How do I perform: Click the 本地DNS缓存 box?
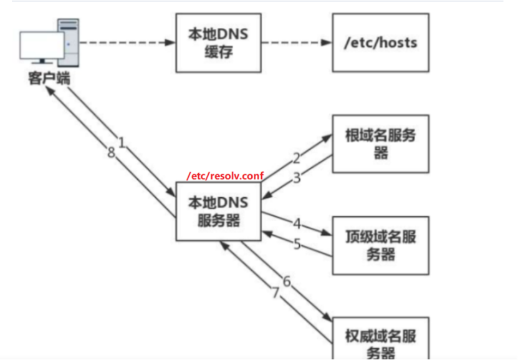(218, 43)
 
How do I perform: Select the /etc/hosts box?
(380, 43)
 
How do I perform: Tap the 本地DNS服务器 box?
(218, 212)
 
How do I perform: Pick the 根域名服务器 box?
(380, 144)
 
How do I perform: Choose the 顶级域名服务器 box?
(380, 245)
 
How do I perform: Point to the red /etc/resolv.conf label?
(224, 176)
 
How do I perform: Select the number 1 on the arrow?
(122, 142)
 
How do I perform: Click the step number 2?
(297, 158)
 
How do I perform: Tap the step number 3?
(297, 178)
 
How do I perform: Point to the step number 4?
(297, 223)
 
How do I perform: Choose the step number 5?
(297, 243)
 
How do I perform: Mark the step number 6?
(287, 281)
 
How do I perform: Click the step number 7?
(275, 291)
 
